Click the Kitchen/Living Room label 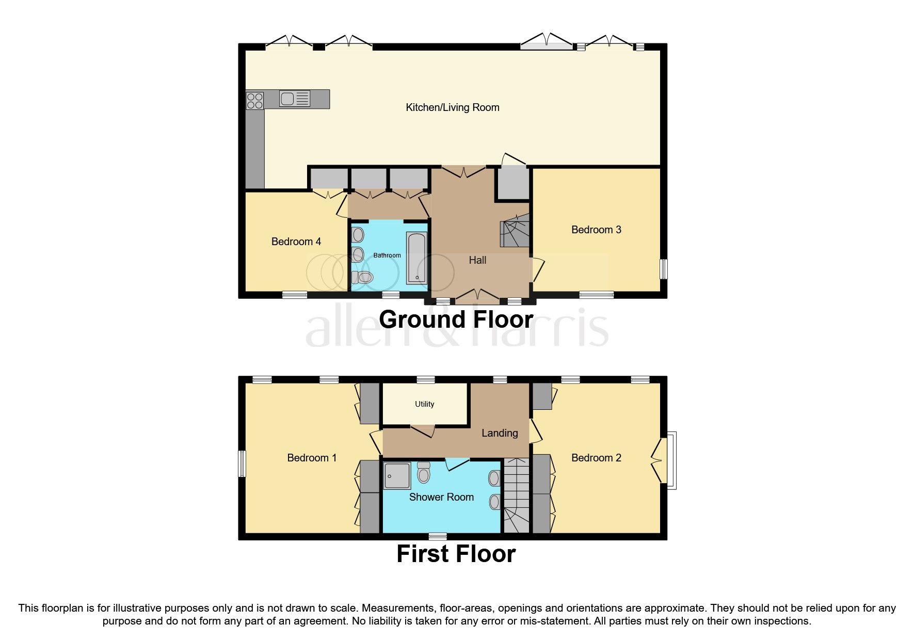pos(452,107)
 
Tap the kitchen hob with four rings pos(254,100)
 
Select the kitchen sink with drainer pos(294,99)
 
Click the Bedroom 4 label pos(296,242)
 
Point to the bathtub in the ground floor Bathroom pos(416,258)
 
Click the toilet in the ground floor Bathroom pos(363,277)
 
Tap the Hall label pos(477,260)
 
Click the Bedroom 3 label pos(596,230)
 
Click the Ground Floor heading pos(455,319)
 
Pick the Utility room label pos(424,404)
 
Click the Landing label pos(499,433)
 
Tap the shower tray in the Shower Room pos(397,475)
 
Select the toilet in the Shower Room pos(423,472)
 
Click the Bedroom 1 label pos(311,458)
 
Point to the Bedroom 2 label pos(596,458)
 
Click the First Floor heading pos(455,554)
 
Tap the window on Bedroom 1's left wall pos(241,463)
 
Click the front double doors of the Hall pos(477,296)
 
